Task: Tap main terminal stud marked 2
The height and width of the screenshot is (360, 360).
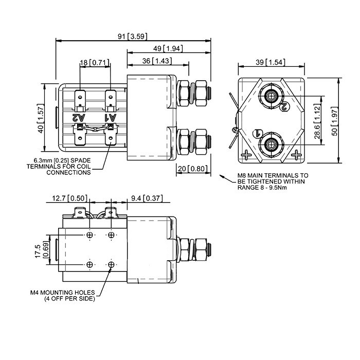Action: [271, 96]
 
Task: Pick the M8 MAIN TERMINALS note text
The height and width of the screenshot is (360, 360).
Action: [273, 181]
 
